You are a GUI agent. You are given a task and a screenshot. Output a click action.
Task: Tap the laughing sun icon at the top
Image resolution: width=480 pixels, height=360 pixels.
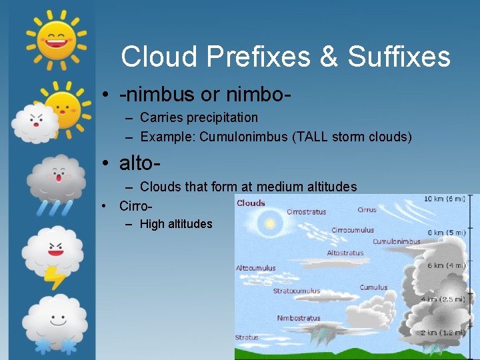tap(56, 37)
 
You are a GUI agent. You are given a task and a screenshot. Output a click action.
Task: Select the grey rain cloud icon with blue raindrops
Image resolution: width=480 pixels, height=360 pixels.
tap(56, 183)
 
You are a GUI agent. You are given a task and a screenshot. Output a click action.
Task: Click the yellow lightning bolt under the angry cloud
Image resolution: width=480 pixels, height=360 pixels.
tap(54, 276)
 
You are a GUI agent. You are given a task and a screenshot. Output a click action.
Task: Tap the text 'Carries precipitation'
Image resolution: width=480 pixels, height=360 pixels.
tap(199, 117)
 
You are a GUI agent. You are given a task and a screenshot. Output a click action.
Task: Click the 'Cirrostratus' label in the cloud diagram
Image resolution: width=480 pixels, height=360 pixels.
tap(306, 212)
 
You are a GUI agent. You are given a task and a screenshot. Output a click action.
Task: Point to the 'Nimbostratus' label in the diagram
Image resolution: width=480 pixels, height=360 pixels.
tap(298, 318)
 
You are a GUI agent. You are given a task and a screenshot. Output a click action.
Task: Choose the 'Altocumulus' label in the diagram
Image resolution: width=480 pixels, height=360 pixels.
tap(255, 268)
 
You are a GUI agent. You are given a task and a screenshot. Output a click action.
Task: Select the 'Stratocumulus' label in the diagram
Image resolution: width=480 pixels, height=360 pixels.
tap(296, 291)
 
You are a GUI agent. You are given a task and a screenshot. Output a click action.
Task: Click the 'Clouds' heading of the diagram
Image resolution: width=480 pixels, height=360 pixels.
tap(251, 203)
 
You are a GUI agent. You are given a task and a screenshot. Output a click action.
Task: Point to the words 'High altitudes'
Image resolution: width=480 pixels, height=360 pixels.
tap(176, 224)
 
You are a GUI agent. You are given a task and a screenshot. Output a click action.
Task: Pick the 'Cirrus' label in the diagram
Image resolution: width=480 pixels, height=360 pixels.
tap(367, 209)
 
